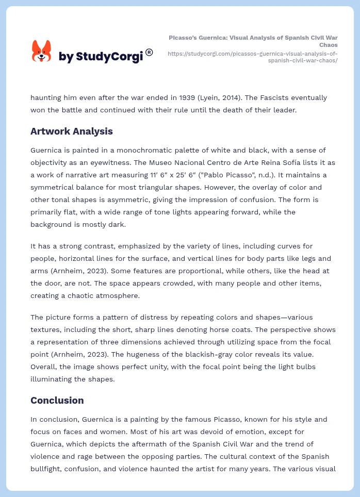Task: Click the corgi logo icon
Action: (42, 52)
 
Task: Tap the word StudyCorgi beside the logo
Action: (109, 57)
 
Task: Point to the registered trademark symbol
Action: (149, 52)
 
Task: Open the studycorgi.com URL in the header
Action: (253, 57)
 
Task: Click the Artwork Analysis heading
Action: (71, 131)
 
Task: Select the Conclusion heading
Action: (57, 400)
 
